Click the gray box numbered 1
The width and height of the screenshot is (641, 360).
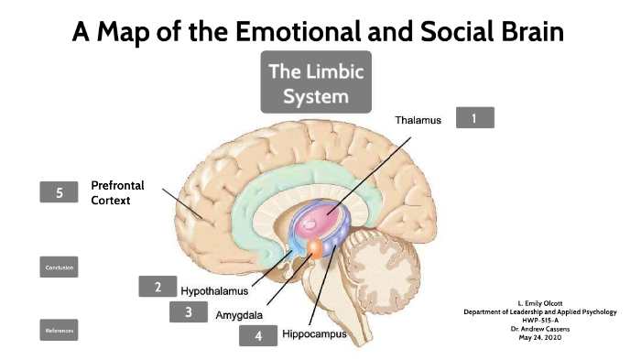coord(474,117)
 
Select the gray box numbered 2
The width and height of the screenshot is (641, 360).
coord(158,287)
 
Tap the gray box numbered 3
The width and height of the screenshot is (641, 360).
coord(189,311)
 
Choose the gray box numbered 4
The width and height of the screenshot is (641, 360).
coord(258,335)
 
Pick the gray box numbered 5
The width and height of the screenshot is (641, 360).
coord(60,192)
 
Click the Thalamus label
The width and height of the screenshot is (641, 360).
coord(418,120)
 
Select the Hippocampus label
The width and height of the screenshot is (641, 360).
coord(314,334)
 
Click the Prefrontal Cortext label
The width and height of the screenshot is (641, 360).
coord(117,192)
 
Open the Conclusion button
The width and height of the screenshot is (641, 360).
coord(60,267)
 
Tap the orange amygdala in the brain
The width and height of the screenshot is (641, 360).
coord(314,248)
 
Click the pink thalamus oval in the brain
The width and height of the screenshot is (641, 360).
coord(328,213)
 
